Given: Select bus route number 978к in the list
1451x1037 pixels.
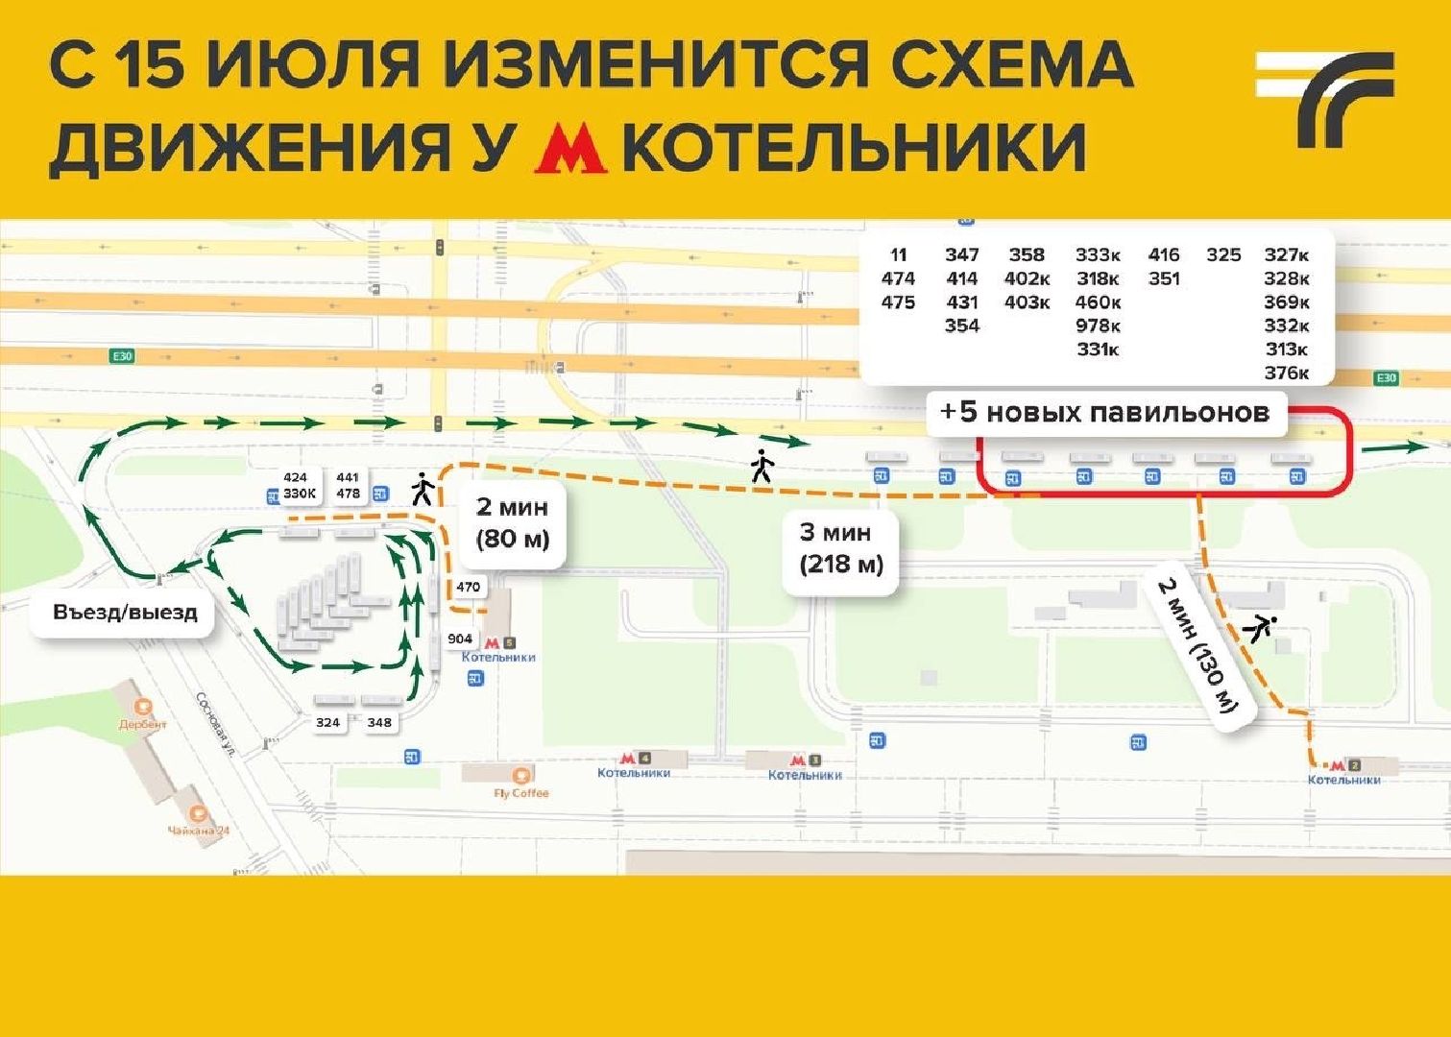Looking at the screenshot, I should [x=1097, y=326].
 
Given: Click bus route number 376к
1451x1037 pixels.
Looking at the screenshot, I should [x=1286, y=373].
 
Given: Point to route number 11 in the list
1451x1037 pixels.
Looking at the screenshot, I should [x=898, y=254].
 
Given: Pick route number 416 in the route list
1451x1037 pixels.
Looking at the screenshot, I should [x=1163, y=254].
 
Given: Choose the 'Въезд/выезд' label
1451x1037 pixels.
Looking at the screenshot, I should [x=125, y=612].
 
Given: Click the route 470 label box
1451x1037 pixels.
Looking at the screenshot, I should [x=468, y=587].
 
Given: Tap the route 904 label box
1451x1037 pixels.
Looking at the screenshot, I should [x=460, y=639].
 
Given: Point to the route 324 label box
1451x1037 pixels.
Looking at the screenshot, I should [x=328, y=722].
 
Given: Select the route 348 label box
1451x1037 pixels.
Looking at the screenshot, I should [x=379, y=722].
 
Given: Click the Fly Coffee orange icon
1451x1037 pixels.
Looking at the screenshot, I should [x=521, y=776].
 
